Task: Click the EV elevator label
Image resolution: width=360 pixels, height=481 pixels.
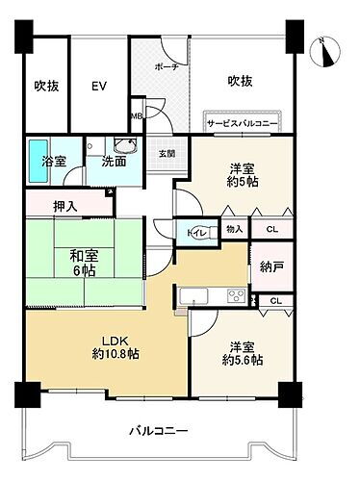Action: pos(97,86)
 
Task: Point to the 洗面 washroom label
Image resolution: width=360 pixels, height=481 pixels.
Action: pos(114,161)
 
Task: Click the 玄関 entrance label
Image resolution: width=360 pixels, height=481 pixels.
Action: pos(167,153)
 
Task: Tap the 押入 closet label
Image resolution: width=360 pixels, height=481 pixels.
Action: pos(65,205)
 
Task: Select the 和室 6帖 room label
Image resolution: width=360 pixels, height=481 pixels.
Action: pos(83,264)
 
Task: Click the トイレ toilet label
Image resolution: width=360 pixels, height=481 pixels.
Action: pos(193,230)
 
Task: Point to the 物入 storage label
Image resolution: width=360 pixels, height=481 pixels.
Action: pos(234,229)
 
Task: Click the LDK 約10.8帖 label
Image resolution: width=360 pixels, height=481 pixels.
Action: pos(116,346)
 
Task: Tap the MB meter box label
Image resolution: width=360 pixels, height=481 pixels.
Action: pos(136,116)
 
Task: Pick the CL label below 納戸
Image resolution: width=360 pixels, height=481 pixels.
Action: pos(274,301)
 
